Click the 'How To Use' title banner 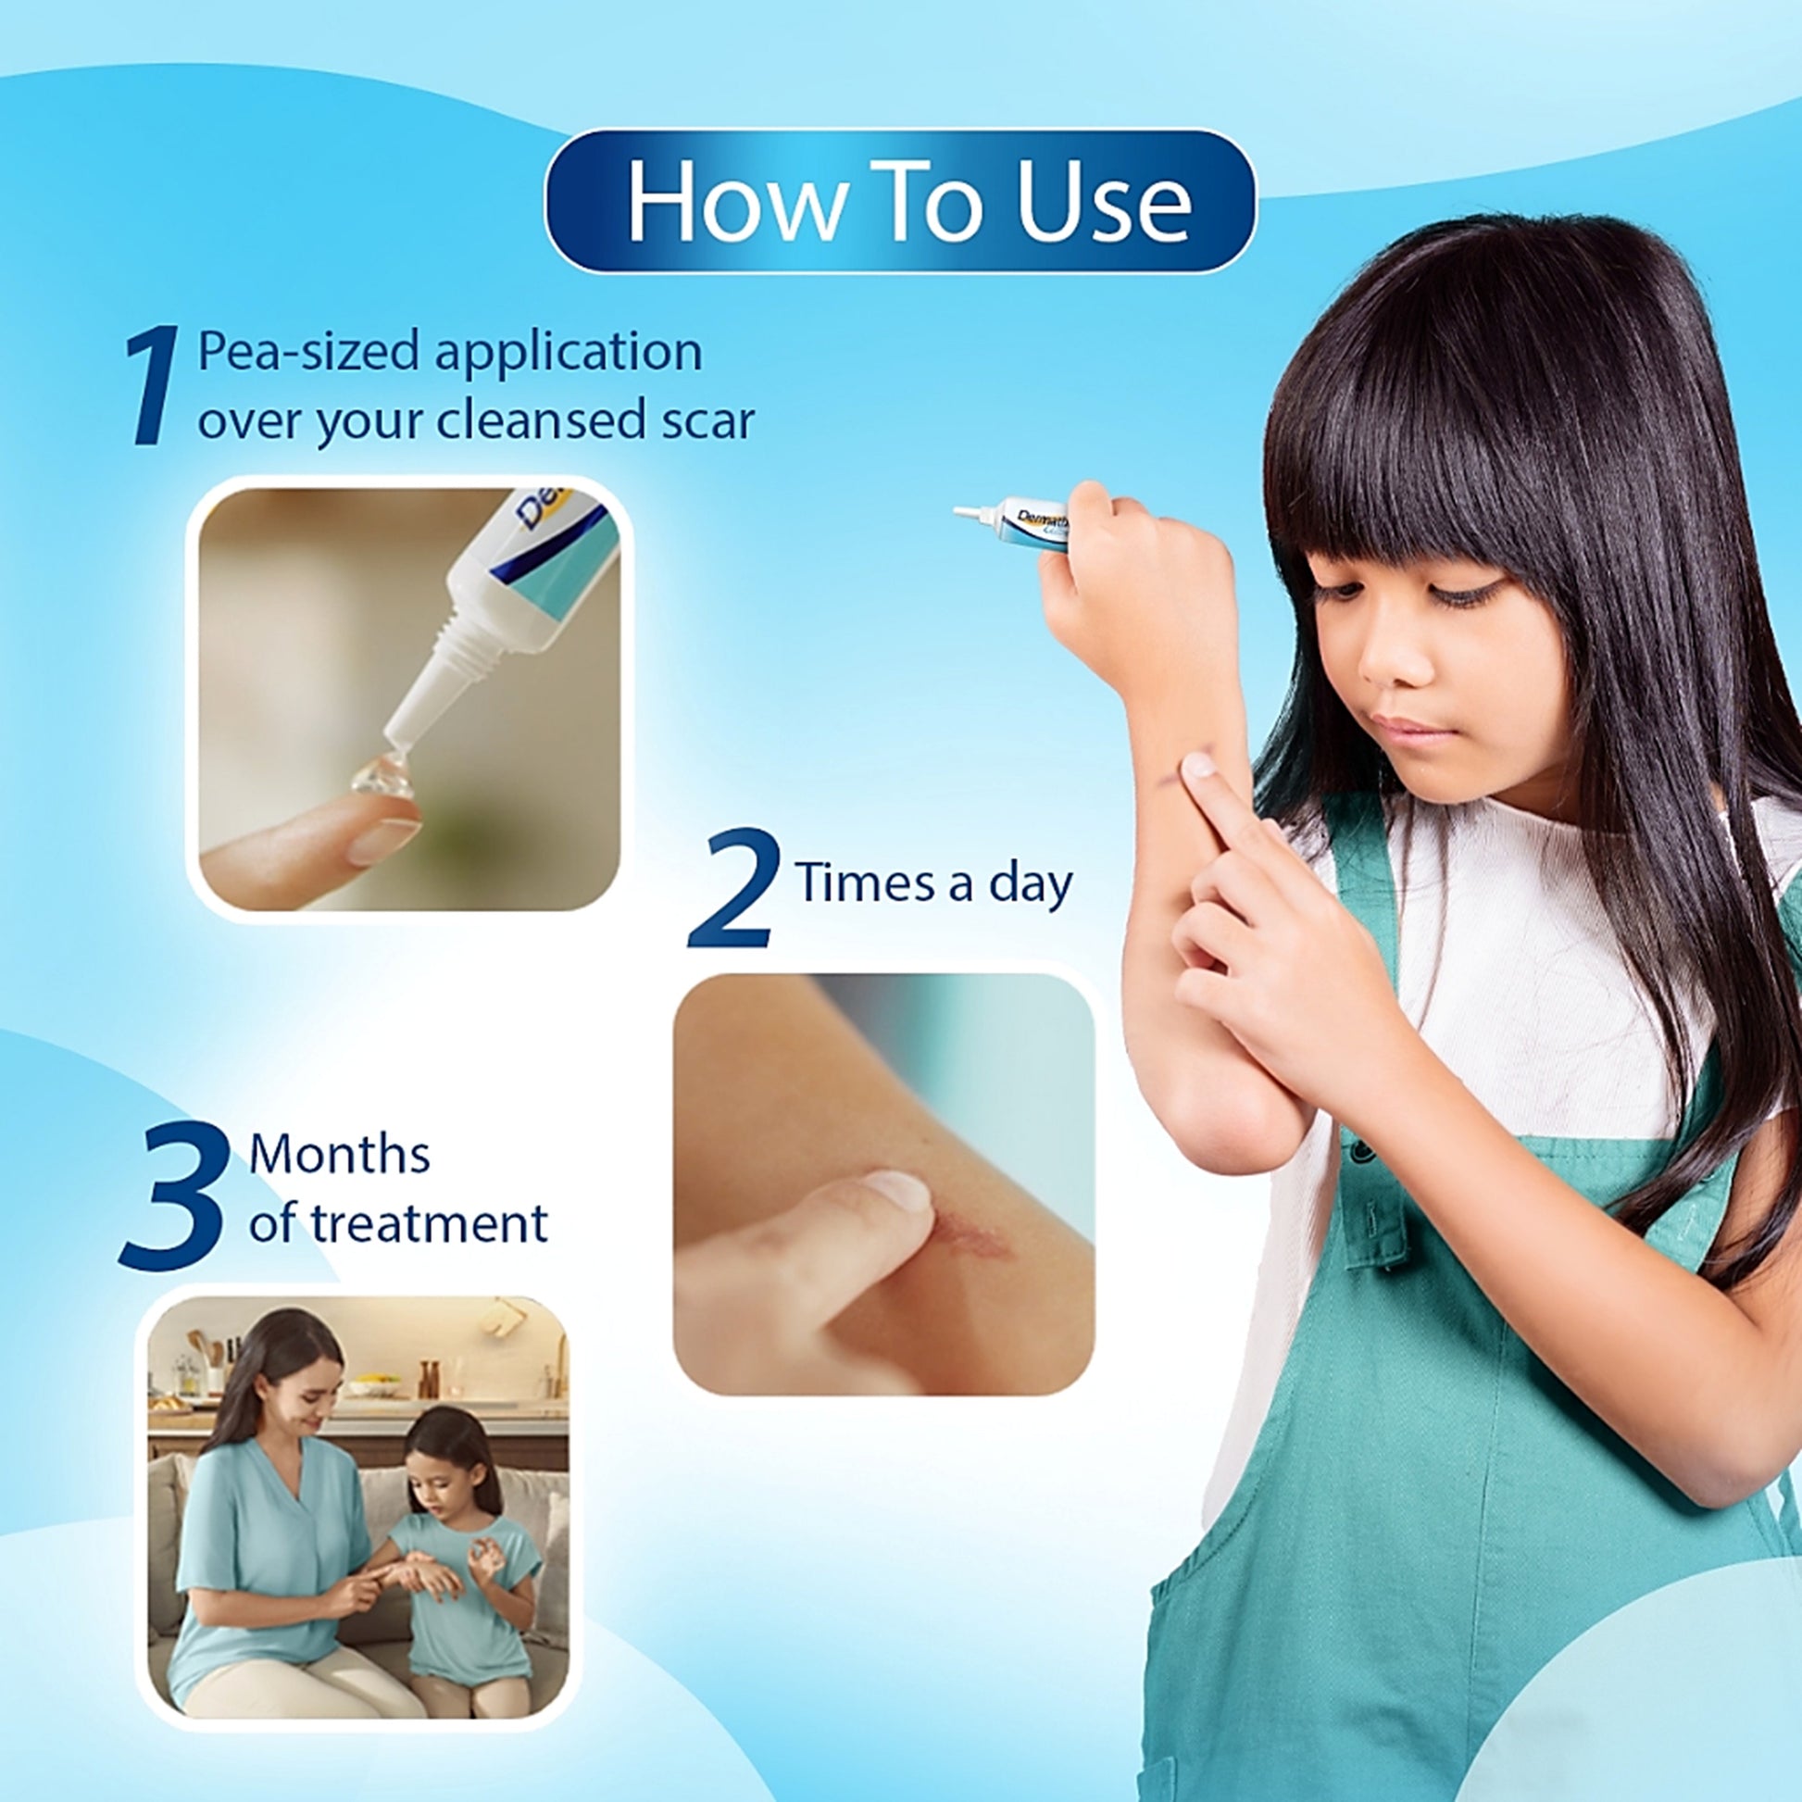click(x=900, y=201)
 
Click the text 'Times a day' click(x=934, y=883)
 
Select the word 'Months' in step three click(x=340, y=1155)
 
